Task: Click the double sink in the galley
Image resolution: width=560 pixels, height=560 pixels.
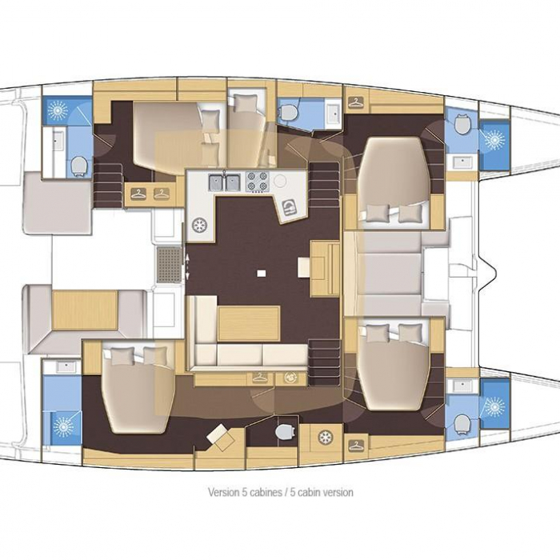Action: (224, 182)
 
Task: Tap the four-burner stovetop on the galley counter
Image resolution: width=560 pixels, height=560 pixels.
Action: (257, 182)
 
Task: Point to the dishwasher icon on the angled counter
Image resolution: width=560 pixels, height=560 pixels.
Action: (290, 207)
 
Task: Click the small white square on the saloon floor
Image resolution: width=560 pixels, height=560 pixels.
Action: (262, 274)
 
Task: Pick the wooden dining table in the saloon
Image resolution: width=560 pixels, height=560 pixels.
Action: (249, 323)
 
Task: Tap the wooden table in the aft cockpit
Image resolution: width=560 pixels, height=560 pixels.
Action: (85, 310)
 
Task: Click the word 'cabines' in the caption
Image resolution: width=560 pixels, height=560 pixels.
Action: (266, 492)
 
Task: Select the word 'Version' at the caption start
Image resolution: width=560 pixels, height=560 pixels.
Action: (223, 492)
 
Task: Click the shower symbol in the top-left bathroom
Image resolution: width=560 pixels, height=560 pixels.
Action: (58, 110)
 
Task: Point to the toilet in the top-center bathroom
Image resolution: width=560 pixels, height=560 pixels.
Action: (288, 112)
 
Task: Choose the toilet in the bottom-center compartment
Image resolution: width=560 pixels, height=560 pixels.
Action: (286, 432)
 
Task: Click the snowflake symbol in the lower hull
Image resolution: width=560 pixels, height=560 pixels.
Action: (326, 437)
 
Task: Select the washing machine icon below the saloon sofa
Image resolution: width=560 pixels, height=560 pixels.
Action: (290, 378)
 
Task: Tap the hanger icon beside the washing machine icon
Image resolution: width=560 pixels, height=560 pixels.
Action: (260, 378)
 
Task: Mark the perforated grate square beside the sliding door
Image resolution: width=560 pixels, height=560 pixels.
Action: (169, 264)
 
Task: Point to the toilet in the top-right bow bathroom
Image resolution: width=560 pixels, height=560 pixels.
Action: (462, 124)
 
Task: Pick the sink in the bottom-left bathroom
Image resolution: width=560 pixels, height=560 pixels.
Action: (66, 366)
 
